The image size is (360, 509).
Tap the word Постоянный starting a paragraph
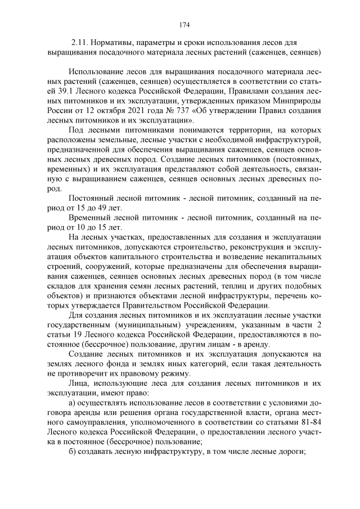[x=92, y=198]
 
